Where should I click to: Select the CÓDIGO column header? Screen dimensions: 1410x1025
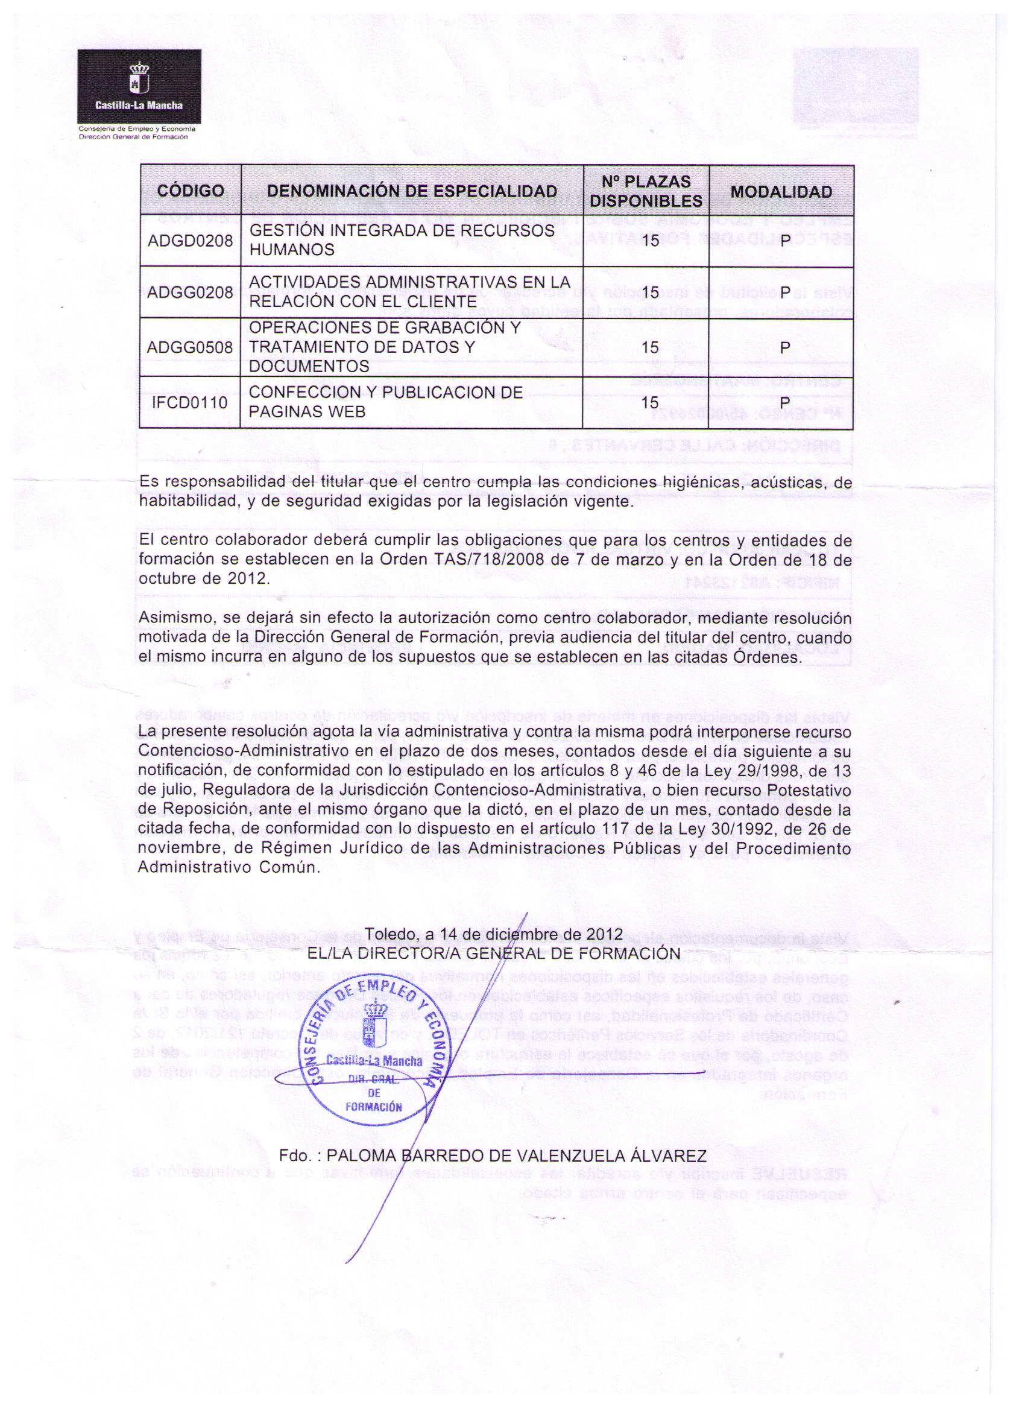[x=190, y=192]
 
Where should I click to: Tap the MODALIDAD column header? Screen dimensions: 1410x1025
[x=781, y=192]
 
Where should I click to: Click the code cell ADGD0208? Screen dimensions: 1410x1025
[x=189, y=241]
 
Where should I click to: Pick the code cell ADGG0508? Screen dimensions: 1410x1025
[x=189, y=347]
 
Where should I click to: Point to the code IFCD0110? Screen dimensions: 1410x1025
[x=189, y=402]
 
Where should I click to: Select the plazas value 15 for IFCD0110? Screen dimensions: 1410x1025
[x=649, y=402]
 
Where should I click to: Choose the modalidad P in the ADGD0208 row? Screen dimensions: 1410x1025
[x=784, y=241]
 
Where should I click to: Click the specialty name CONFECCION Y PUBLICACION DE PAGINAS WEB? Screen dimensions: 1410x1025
[x=385, y=402]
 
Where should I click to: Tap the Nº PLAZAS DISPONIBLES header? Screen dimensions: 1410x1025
[x=646, y=192]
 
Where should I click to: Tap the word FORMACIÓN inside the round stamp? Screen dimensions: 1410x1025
[x=374, y=1107]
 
